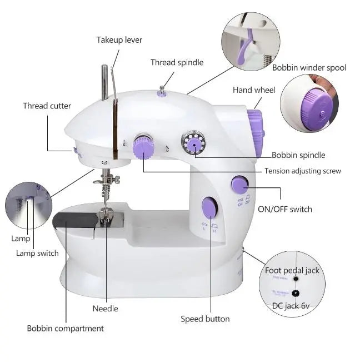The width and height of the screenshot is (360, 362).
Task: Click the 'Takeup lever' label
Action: (x=119, y=40)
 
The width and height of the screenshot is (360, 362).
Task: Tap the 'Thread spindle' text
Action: (x=177, y=62)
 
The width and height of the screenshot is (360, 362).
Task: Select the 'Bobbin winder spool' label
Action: (x=309, y=67)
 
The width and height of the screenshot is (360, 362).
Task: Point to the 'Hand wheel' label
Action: (x=254, y=90)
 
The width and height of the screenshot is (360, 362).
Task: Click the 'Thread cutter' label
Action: (x=47, y=106)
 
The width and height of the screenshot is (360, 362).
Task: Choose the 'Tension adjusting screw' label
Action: (x=303, y=171)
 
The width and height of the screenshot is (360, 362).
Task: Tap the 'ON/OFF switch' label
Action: (x=285, y=209)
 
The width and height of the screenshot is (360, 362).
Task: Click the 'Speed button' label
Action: (x=205, y=319)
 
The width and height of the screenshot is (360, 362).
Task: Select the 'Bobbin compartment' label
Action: (x=66, y=328)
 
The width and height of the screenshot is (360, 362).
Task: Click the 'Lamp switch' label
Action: (x=37, y=253)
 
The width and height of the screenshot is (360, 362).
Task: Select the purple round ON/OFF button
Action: (x=240, y=184)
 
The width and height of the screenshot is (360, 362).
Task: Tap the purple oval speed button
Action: (x=209, y=208)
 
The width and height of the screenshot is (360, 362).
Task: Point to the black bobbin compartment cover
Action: (x=75, y=221)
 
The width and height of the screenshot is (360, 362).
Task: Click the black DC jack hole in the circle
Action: (x=295, y=292)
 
